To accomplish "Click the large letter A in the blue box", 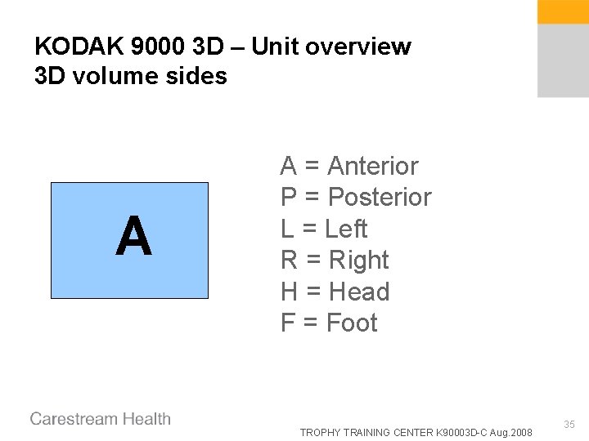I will [x=133, y=238].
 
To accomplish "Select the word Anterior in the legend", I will [x=372, y=166].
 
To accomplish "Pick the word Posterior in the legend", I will [x=379, y=198].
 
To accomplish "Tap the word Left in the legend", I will [x=346, y=229].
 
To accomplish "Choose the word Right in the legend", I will [x=358, y=261].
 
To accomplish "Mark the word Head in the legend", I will [x=358, y=292].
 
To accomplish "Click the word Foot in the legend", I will [x=352, y=323].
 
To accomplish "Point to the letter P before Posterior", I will [x=289, y=198].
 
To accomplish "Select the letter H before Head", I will [x=290, y=292].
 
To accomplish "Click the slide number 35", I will [x=569, y=425].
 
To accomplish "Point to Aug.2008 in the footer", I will [x=511, y=432].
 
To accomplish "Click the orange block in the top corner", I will [x=563, y=11].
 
